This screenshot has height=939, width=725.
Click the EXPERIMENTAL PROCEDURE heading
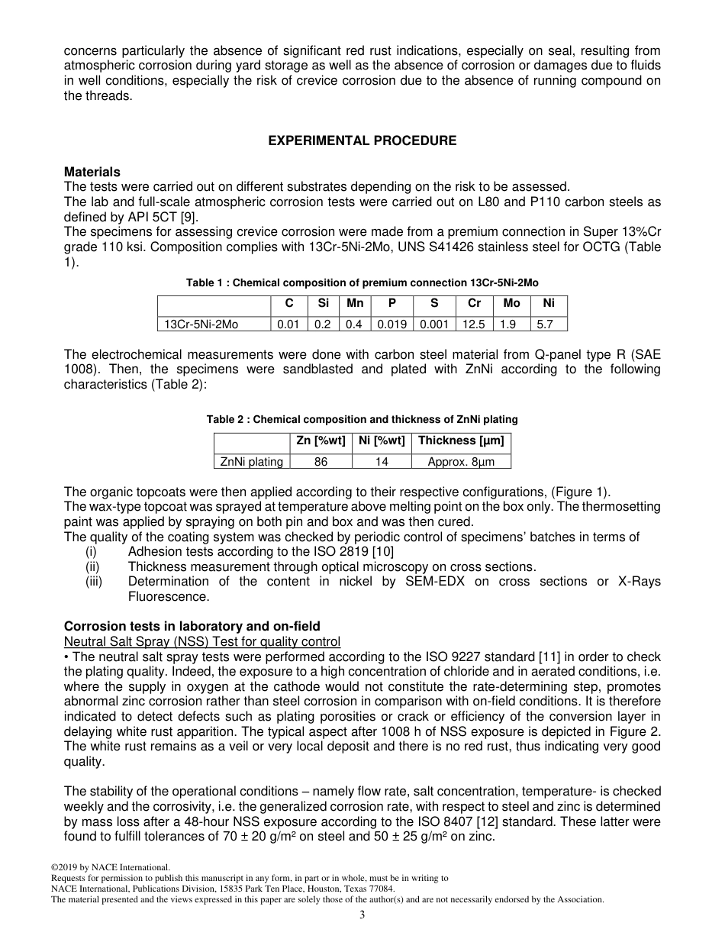362,140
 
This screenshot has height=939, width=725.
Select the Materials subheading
92,172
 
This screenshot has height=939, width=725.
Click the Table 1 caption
362,282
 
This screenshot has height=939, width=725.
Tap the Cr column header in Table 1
474,303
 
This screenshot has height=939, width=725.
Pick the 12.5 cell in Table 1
474,324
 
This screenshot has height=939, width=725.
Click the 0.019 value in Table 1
391,324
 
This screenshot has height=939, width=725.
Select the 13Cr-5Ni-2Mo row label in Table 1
201,324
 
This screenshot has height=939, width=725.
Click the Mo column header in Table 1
511,303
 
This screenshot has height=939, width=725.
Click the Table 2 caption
362,419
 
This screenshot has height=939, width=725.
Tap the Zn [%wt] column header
321,440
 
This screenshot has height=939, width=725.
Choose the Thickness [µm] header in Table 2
461,440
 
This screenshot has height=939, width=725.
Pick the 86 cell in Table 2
321,461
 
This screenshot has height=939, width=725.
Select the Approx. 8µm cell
461,461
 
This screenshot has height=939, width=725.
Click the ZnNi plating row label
251,461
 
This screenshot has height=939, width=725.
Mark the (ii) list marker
92,566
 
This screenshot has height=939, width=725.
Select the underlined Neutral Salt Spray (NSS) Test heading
202,641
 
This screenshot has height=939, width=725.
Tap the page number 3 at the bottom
362,915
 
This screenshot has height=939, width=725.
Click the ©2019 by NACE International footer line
110,867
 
